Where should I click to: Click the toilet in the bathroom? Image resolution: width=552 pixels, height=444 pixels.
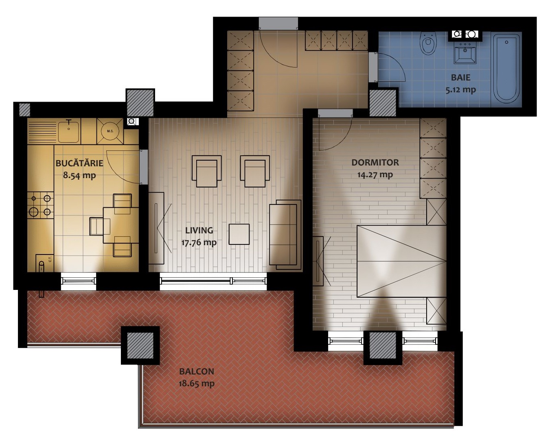tap(429, 44)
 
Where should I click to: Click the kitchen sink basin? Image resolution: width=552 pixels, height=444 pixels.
tap(68, 132)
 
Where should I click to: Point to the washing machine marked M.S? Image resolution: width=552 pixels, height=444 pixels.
tap(110, 131)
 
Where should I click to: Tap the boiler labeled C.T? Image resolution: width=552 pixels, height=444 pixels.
tap(44, 263)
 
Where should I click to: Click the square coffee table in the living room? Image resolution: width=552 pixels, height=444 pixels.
tap(239, 234)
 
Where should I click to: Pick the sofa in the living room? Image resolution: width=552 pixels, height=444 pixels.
tap(285, 235)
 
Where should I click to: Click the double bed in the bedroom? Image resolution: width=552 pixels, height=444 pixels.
tap(402, 261)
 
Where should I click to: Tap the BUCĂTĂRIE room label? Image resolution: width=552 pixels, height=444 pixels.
tap(79, 163)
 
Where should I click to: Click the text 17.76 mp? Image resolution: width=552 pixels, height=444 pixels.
tap(199, 242)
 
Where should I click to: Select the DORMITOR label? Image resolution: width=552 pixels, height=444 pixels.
tap(375, 163)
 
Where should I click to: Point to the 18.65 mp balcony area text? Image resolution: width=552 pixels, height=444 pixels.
tap(197, 383)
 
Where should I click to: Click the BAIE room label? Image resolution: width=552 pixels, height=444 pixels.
tap(461, 78)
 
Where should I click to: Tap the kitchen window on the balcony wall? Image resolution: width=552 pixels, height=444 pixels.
tap(79, 281)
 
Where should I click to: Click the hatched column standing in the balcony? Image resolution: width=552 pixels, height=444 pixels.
tap(140, 345)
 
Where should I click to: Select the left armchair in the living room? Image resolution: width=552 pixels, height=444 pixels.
tap(207, 171)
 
